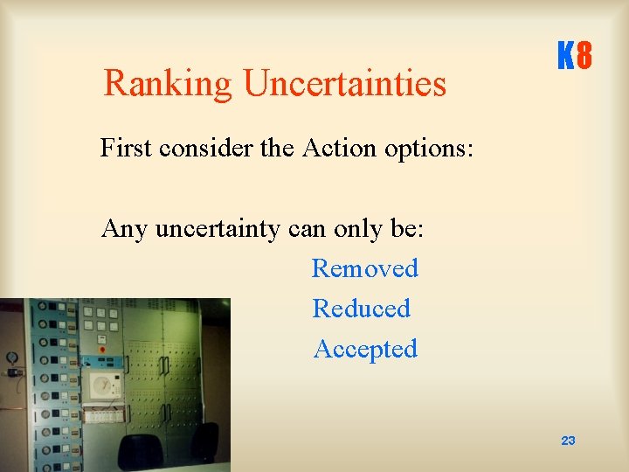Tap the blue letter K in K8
(565, 57)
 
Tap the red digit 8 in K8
(584, 57)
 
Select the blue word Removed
(365, 268)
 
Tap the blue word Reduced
(362, 309)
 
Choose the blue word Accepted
(365, 349)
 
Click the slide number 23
(568, 441)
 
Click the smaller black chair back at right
(204, 442)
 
